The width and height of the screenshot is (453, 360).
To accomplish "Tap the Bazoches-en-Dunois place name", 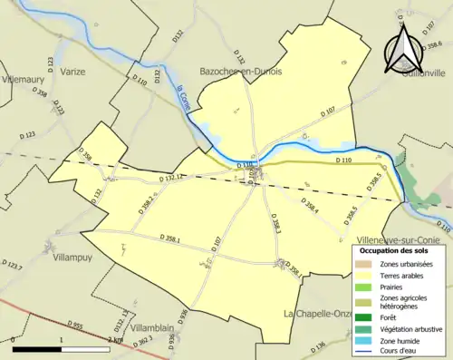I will click(x=241, y=70).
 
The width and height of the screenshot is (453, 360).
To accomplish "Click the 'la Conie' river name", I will click(x=187, y=96).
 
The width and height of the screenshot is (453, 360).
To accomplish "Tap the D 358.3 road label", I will click(x=276, y=226).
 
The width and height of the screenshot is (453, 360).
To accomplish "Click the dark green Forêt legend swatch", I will click(x=367, y=317).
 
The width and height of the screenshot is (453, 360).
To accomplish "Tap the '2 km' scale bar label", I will click(x=115, y=339).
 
